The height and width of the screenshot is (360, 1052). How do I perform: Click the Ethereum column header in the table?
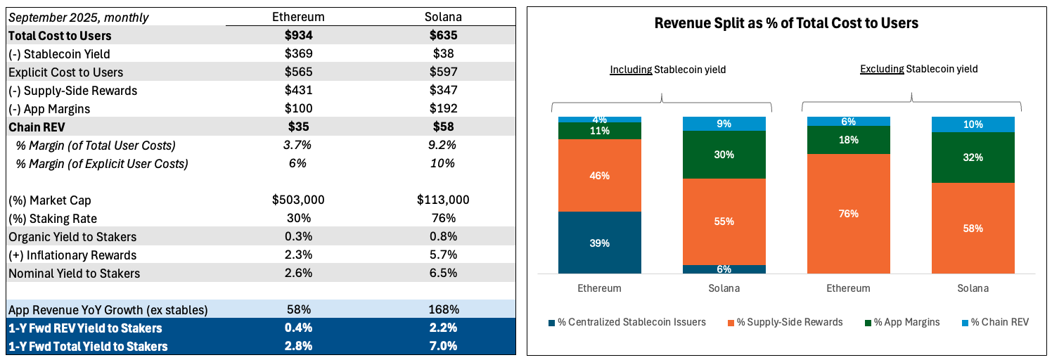coord(298,17)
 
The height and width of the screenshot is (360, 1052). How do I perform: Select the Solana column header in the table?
coord(443,17)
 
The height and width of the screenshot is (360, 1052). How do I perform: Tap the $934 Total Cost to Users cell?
coord(298,35)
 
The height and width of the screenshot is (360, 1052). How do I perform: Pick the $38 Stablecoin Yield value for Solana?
coord(443,53)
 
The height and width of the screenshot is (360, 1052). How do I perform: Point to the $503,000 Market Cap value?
coord(298,200)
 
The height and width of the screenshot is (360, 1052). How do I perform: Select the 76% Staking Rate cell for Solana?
coord(443,218)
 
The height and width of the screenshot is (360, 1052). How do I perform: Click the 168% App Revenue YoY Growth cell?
coord(443,309)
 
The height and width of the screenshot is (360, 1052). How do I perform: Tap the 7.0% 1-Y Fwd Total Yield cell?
coord(443,346)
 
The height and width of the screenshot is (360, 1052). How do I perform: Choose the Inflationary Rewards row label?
coord(72,255)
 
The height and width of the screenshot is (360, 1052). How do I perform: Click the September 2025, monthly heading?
coord(79,17)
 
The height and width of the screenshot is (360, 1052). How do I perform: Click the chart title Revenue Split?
coord(786,23)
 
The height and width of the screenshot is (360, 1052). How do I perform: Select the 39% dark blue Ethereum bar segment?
coord(600,243)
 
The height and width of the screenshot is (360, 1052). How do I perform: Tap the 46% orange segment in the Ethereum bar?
coord(600,175)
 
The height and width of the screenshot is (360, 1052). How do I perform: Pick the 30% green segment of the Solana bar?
coord(724,155)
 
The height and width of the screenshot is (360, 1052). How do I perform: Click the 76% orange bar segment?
coord(849,213)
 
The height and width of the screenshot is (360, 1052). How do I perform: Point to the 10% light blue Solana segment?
coord(973,124)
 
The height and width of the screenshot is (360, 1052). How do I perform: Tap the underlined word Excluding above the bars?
coord(882,69)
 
